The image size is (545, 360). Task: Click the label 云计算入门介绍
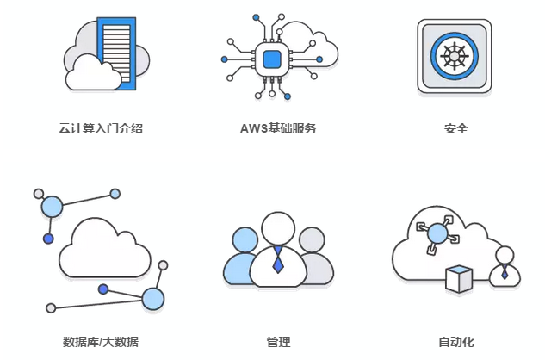click(101, 129)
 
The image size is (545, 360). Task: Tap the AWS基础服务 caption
click(278, 129)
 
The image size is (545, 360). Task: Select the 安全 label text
click(455, 129)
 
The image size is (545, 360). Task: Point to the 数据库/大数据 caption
click(101, 342)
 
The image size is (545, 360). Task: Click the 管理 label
click(278, 342)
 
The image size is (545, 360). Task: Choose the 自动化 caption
click(455, 342)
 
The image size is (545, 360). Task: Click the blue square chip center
click(273, 59)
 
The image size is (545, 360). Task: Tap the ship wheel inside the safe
click(454, 56)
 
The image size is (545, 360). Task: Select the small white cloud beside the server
click(94, 72)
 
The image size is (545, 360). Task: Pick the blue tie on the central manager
click(278, 261)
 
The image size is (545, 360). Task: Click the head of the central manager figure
click(278, 229)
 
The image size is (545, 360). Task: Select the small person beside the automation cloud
click(505, 266)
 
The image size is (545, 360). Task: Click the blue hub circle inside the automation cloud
click(437, 233)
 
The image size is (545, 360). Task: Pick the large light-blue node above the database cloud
click(53, 207)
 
